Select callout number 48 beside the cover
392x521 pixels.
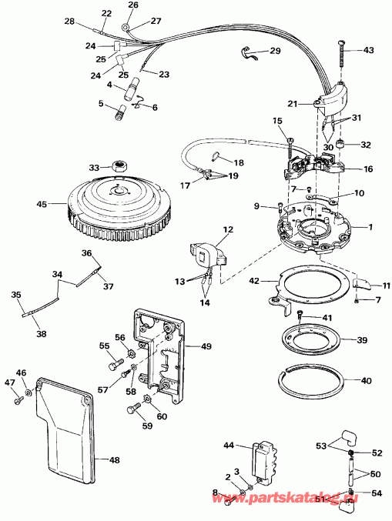114,460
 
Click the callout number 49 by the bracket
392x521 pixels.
206,346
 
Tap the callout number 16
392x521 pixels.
367,168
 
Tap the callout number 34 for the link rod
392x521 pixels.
56,273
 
